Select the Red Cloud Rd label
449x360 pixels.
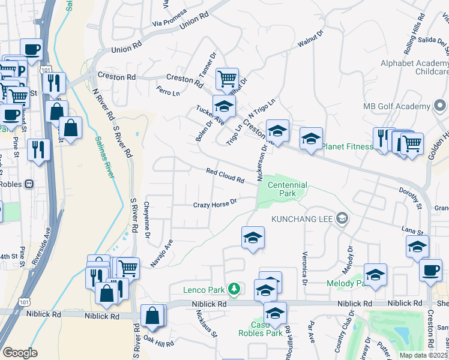coord(225,176)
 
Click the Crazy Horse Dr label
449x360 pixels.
coord(215,205)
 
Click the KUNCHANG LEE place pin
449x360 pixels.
coord(342,218)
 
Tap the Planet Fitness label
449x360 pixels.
coord(348,146)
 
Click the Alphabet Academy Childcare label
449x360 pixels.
coord(414,67)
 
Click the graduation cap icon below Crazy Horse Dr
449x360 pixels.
coord(253,237)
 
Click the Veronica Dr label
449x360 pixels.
coord(306,268)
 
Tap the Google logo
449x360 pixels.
coord(20,353)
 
